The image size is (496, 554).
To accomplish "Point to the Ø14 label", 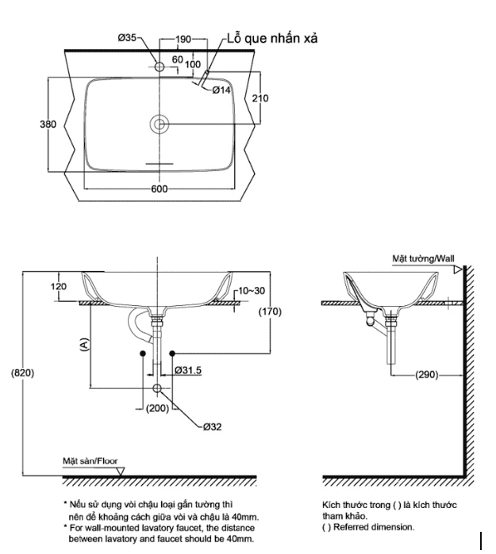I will [221, 91].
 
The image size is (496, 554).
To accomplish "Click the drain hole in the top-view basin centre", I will [160, 124].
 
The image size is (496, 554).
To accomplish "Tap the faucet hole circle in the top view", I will [160, 67].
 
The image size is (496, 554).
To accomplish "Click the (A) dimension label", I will [84, 344].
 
